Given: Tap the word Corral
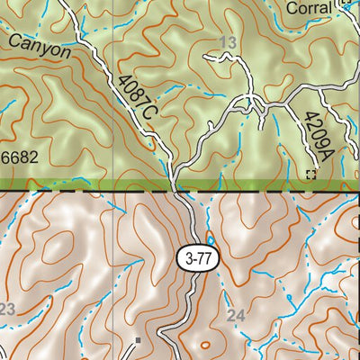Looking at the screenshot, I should (x=309, y=8).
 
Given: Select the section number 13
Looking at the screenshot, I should (x=227, y=43).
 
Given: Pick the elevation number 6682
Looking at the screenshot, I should (x=19, y=158).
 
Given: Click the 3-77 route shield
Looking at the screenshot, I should (x=197, y=256).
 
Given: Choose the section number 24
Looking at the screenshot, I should (x=237, y=315).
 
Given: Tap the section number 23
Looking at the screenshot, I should (x=7, y=310).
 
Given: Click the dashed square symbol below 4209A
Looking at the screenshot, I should (x=311, y=174).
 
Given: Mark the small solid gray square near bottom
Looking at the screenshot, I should (x=138, y=340).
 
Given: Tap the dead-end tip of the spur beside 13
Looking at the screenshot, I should (x=206, y=57).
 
